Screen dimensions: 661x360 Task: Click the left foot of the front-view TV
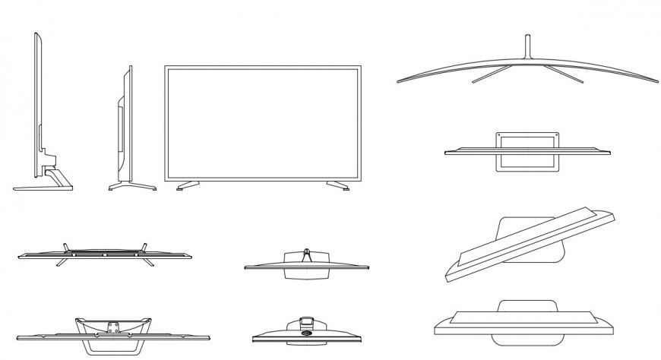187,185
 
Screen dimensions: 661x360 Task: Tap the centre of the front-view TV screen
262,122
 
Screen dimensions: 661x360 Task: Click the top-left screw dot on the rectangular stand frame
498,136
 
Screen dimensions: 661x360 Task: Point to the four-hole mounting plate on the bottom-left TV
112,327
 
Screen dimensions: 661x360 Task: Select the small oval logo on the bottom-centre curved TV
308,331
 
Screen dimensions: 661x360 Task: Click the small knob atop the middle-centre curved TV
305,249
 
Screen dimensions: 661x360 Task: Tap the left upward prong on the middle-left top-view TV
67,245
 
